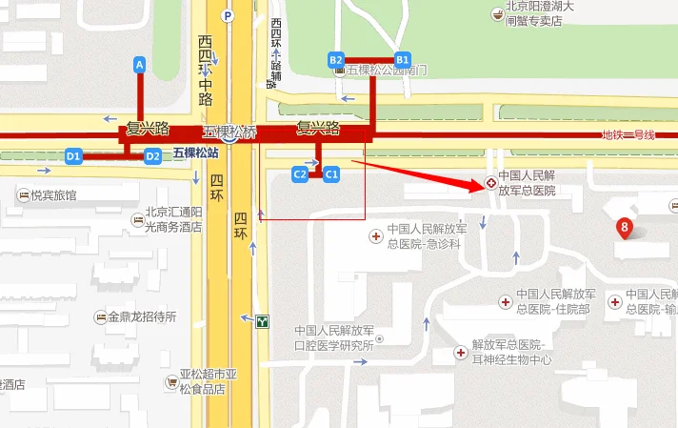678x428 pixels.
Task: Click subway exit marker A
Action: [140, 65]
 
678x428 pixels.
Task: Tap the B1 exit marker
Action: [402, 58]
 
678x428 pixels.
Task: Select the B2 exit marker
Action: [335, 59]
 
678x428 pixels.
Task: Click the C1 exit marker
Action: [331, 173]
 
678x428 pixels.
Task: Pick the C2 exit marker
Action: [299, 173]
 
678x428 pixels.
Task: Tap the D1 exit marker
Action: [73, 155]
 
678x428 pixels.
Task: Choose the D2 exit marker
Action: [152, 155]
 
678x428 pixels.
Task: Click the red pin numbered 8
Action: [625, 228]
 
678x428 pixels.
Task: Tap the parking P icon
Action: [227, 15]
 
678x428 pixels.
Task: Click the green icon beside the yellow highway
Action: [262, 321]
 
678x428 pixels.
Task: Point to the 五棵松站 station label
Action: [195, 153]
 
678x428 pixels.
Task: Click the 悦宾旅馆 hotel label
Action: [53, 195]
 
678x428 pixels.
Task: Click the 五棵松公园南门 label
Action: [387, 71]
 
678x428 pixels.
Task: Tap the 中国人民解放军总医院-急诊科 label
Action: [425, 236]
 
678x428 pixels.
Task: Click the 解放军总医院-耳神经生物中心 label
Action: [511, 352]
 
